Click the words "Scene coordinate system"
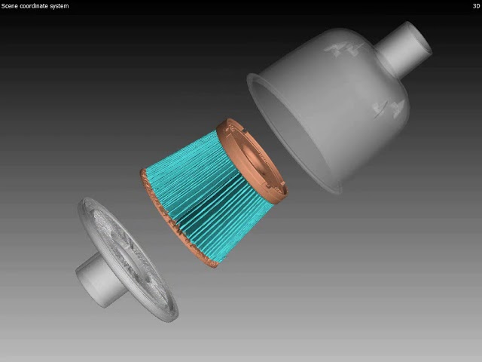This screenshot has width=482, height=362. click(35, 6)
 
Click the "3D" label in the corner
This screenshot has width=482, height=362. click(476, 6)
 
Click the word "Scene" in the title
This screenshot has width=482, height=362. click(9, 6)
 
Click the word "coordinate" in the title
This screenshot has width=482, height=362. click(35, 6)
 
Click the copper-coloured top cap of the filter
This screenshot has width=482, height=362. click(252, 161)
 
